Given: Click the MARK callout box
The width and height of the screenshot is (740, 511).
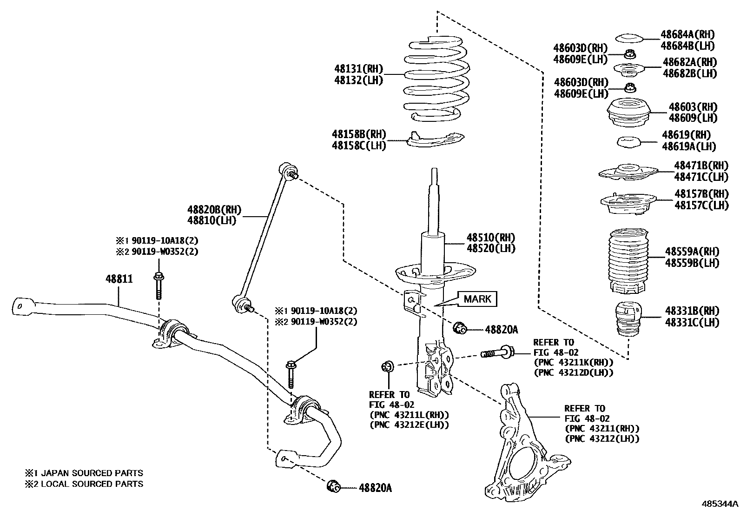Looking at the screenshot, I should (x=477, y=299).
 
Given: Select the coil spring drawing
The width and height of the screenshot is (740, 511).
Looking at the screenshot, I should (x=437, y=79).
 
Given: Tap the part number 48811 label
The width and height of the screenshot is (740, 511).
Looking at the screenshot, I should (x=119, y=279).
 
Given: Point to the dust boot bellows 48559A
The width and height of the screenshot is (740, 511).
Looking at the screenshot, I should (x=628, y=260).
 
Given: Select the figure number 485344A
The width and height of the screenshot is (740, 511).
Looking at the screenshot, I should (x=720, y=504).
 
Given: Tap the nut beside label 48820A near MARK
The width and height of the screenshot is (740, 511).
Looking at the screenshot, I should (x=460, y=328).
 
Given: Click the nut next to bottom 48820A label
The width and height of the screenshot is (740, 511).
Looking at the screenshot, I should (x=334, y=486).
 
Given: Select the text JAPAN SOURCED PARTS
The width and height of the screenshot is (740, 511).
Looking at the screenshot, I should (x=92, y=473).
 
